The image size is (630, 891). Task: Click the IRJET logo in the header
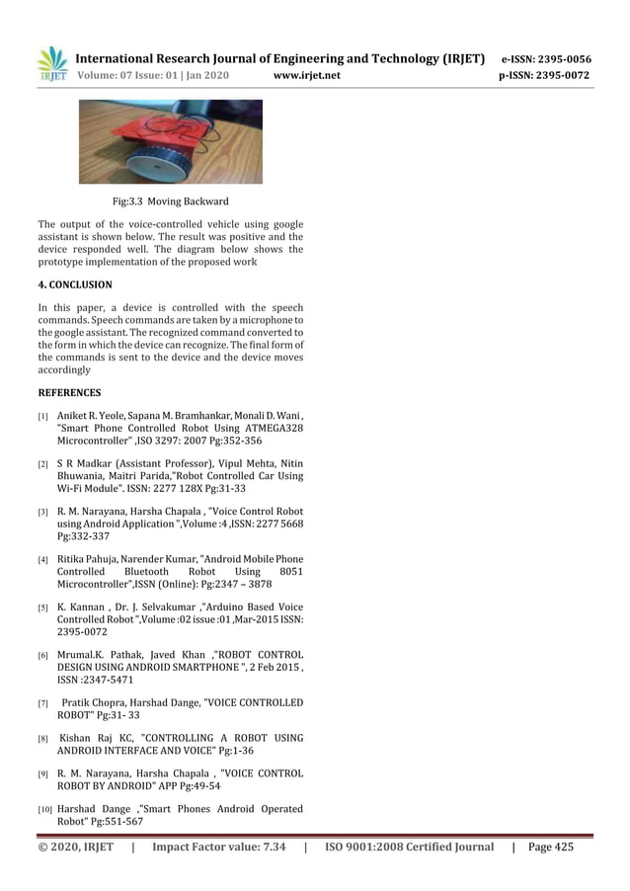pos(52,63)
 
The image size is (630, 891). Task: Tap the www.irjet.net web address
pos(305,75)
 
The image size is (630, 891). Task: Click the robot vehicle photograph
pos(171,141)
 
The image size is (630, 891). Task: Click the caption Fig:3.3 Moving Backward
pos(171,202)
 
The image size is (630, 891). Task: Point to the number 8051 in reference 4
pos(287,571)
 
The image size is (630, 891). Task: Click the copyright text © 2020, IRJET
pos(75,847)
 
